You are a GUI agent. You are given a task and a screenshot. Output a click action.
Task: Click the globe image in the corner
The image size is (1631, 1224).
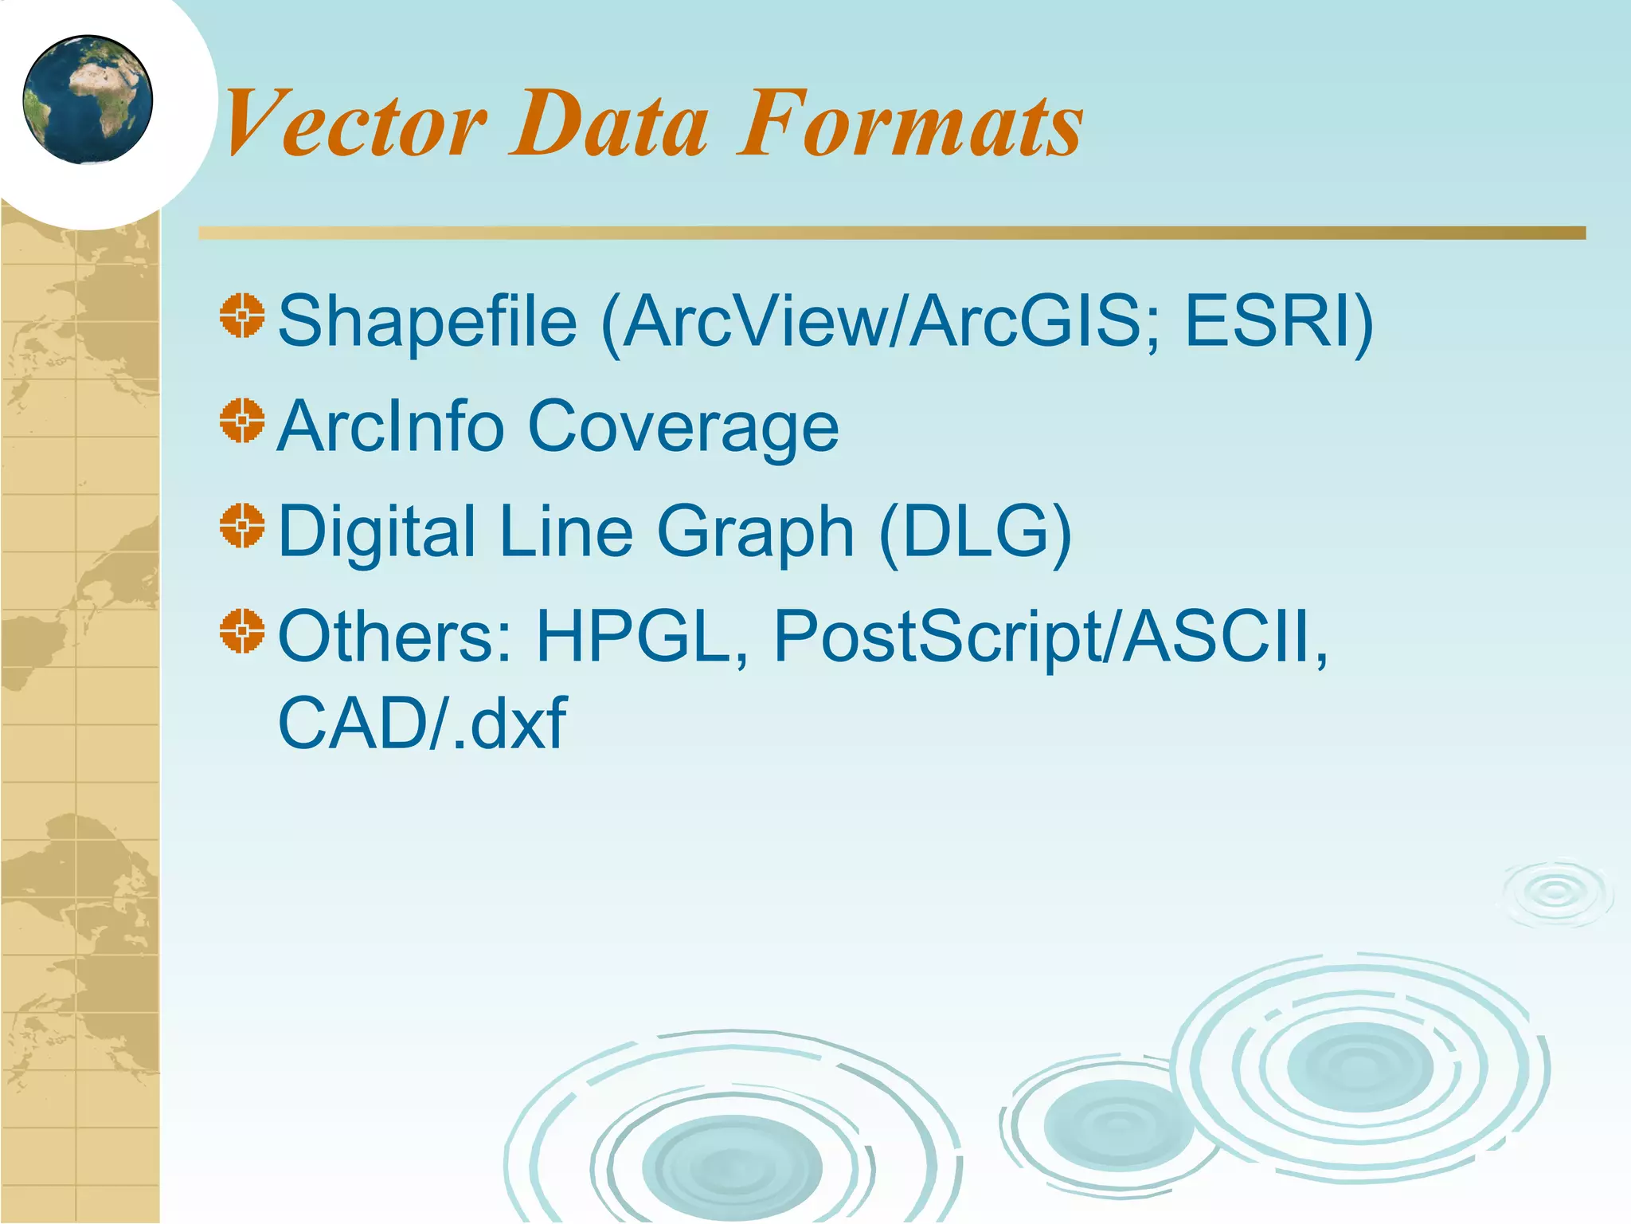pos(88,100)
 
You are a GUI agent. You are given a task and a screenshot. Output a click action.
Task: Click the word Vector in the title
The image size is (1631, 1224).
pos(355,124)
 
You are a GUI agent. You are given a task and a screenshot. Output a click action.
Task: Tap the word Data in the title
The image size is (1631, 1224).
pos(609,124)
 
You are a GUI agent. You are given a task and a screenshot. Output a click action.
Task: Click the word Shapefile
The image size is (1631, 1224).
pos(427,322)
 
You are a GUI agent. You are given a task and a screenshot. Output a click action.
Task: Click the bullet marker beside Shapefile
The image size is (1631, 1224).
pos(242,316)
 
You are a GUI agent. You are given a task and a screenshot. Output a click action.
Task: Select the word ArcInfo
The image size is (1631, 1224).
pos(390,426)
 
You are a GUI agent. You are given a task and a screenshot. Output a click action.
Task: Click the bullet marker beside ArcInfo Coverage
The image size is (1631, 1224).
pos(242,421)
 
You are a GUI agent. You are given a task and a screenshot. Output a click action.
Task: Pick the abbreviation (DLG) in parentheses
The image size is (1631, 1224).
pos(976,532)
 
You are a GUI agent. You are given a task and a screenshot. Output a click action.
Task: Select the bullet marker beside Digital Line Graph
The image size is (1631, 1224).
pos(242,526)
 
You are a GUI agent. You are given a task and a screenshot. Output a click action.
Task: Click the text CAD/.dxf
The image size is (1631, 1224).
pos(422,723)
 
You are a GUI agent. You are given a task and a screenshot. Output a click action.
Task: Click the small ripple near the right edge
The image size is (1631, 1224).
pos(1555,893)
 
